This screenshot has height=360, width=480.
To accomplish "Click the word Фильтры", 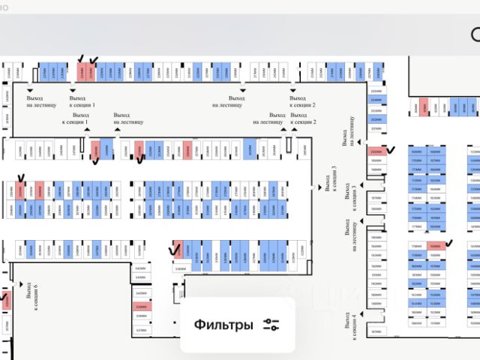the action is click(x=223, y=325).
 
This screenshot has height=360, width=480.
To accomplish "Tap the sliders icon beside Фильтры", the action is click(x=271, y=325).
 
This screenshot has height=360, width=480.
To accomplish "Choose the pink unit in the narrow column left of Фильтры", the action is click(x=141, y=307).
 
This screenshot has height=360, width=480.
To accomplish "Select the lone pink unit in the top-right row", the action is click(x=424, y=108).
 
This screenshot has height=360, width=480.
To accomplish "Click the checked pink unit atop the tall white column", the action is click(x=375, y=151).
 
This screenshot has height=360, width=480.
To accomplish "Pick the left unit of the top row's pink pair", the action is click(x=82, y=73).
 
